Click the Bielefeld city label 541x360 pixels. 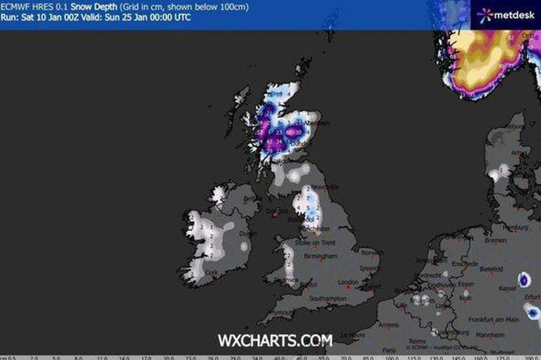491,270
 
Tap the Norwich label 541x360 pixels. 371,252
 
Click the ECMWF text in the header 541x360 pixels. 15,6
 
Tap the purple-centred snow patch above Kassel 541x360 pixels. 524,280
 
